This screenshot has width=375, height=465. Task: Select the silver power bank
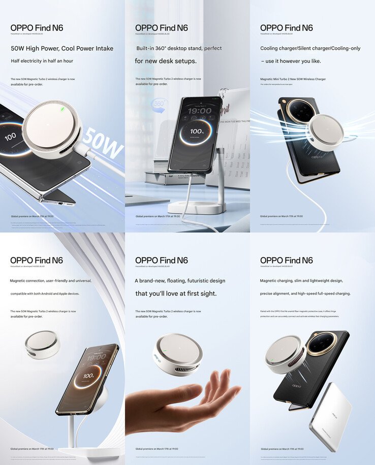tap(330, 416)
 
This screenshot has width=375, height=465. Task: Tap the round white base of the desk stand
tap(197, 208)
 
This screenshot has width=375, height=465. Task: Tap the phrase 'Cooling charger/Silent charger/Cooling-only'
tap(310, 49)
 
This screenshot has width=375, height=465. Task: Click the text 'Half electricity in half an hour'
tap(42, 61)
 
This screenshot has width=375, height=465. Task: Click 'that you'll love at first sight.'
tap(175, 293)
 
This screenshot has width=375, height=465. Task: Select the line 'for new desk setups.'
tap(165, 61)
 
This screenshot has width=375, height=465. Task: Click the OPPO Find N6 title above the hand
tap(161, 260)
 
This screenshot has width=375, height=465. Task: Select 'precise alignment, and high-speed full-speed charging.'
tap(305, 293)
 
